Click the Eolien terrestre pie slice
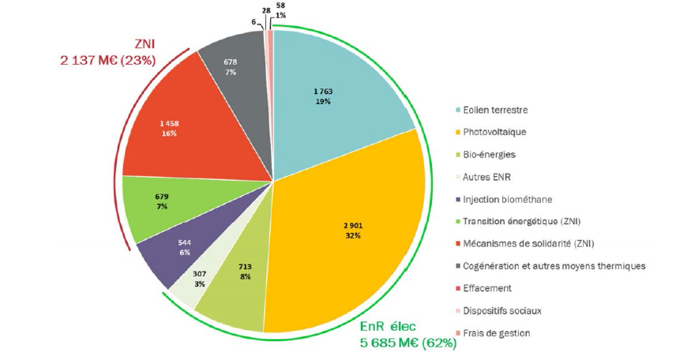coord(332,95)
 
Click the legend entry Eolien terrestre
coord(495,109)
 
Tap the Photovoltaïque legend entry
coord(494,132)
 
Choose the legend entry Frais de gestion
coord(498,333)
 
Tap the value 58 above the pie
coord(281,6)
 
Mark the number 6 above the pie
coord(254,21)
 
